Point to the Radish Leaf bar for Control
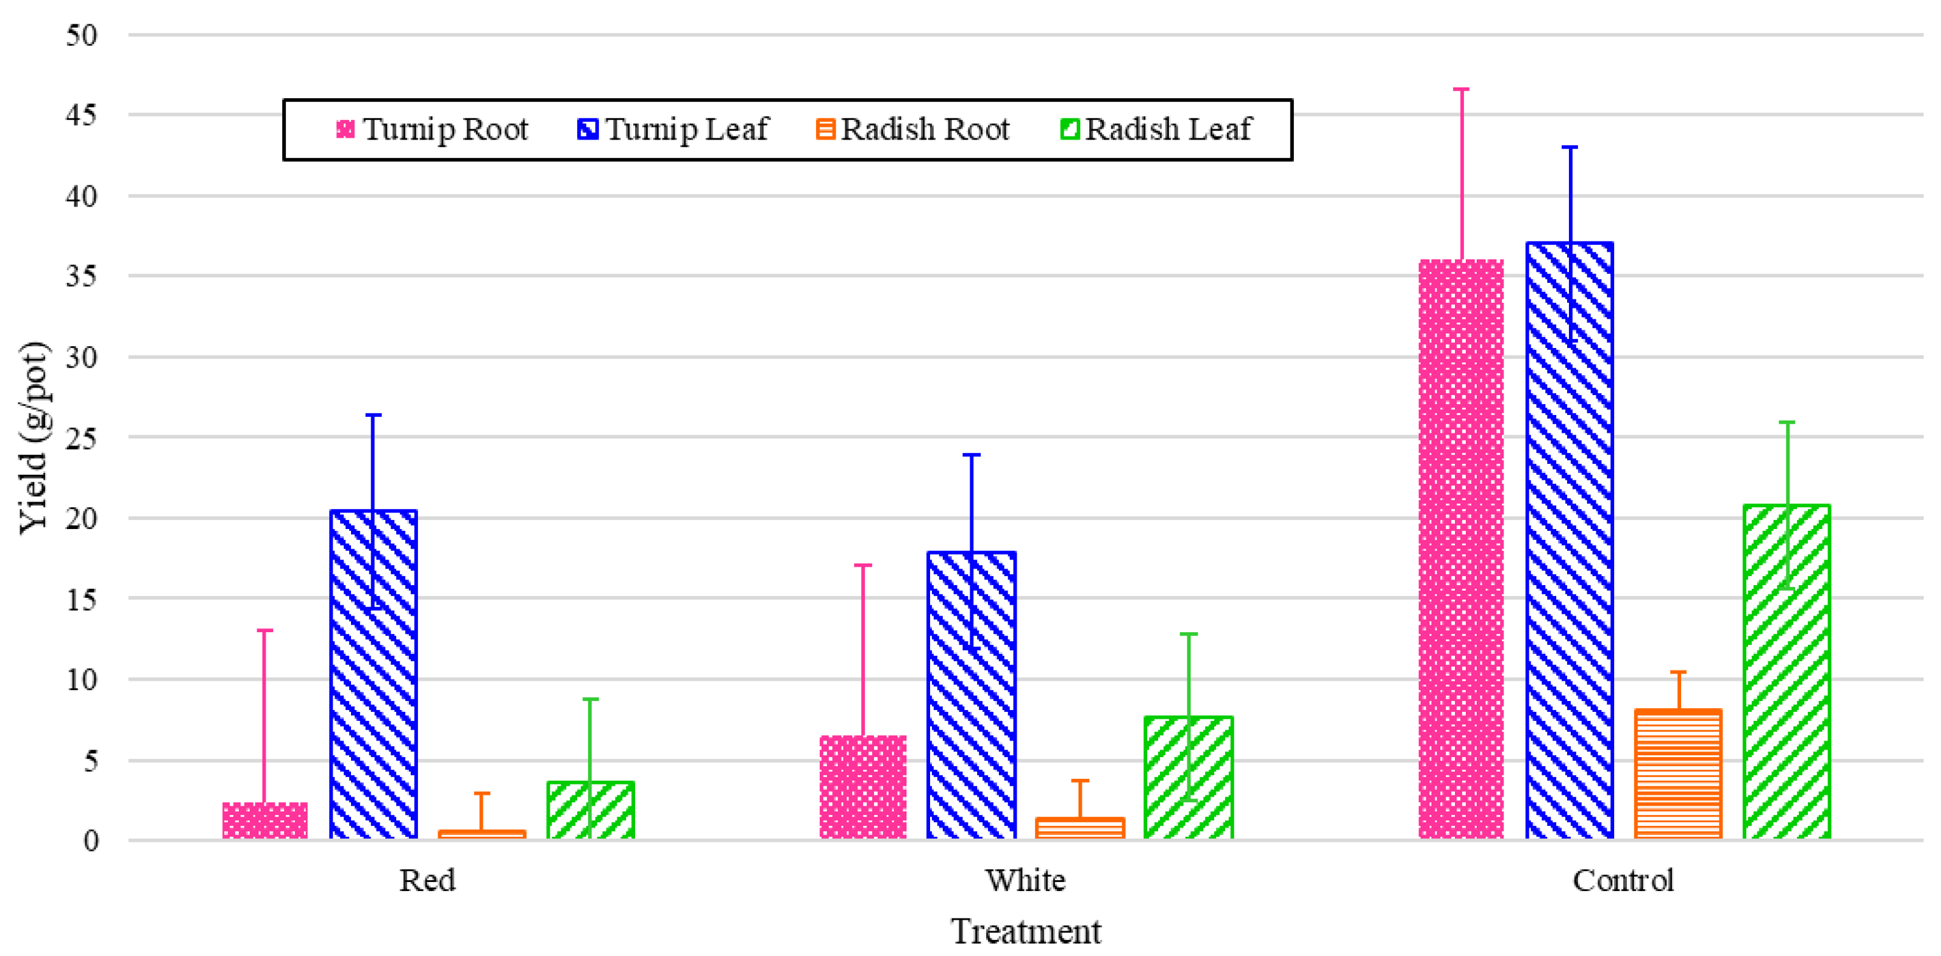pos(1786,671)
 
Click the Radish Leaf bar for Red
pos(590,810)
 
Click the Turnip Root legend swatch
pos(345,129)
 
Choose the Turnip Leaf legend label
pos(687,129)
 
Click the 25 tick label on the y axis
pos(82,438)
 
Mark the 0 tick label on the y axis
pos(90,841)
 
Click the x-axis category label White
pos(1026,881)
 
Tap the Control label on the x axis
pos(1622,881)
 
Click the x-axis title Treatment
pos(1026,932)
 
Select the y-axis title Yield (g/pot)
pos(34,438)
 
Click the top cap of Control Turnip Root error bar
pos(1461,90)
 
